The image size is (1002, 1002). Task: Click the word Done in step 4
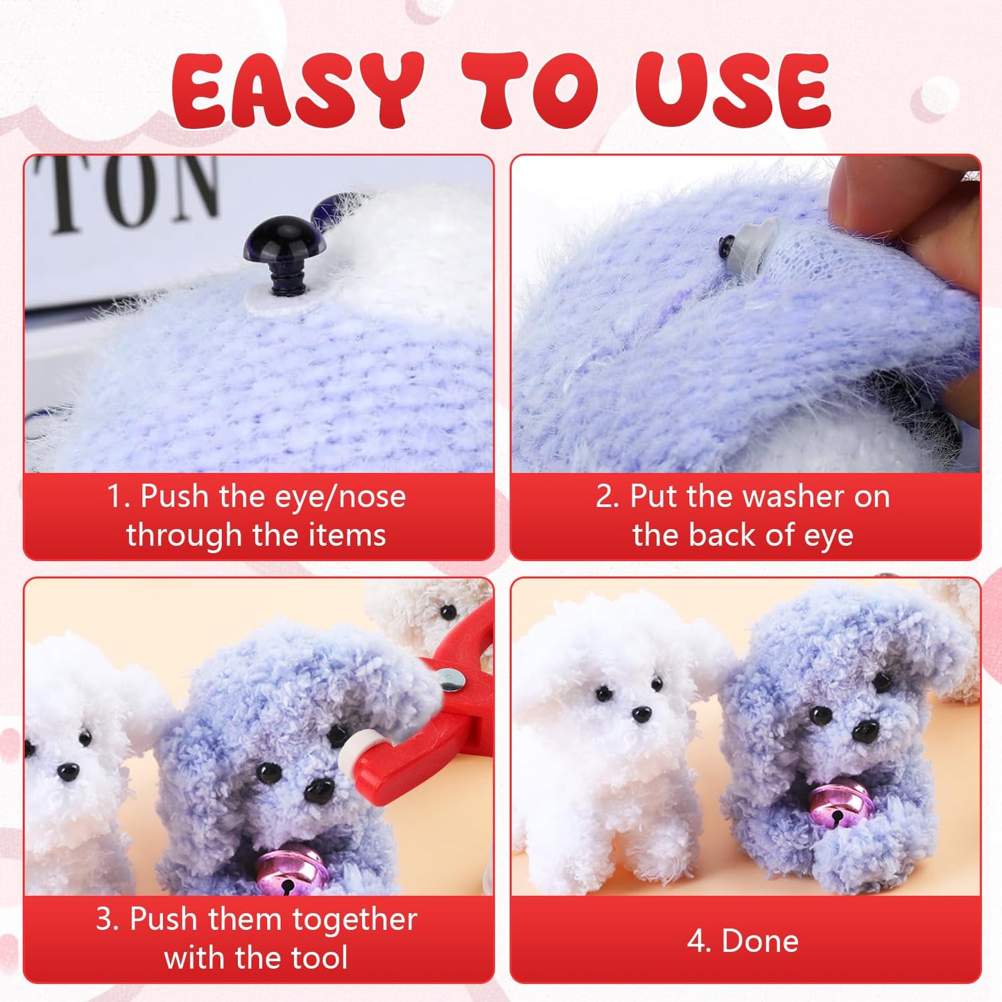tap(760, 941)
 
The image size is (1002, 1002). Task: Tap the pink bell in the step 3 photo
tap(291, 874)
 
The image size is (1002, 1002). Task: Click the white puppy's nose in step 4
tap(641, 714)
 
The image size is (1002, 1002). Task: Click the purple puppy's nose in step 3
tap(319, 789)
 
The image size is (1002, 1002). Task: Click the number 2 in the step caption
tap(603, 497)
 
